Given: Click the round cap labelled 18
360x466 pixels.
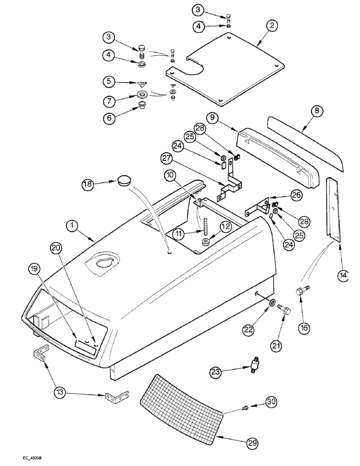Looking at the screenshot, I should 124,180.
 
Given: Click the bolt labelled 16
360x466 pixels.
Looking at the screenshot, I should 299,294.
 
